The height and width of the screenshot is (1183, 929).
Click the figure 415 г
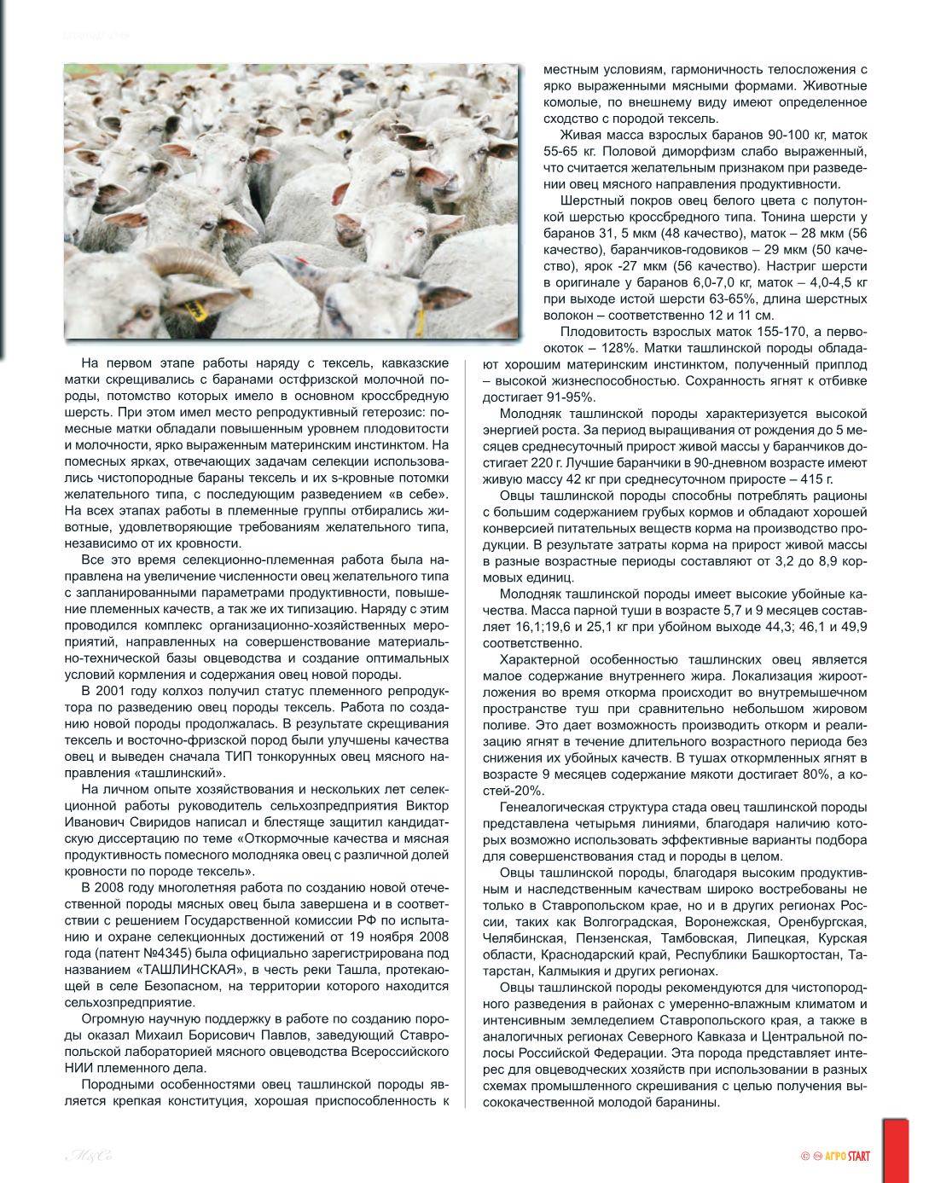[x=817, y=479]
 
